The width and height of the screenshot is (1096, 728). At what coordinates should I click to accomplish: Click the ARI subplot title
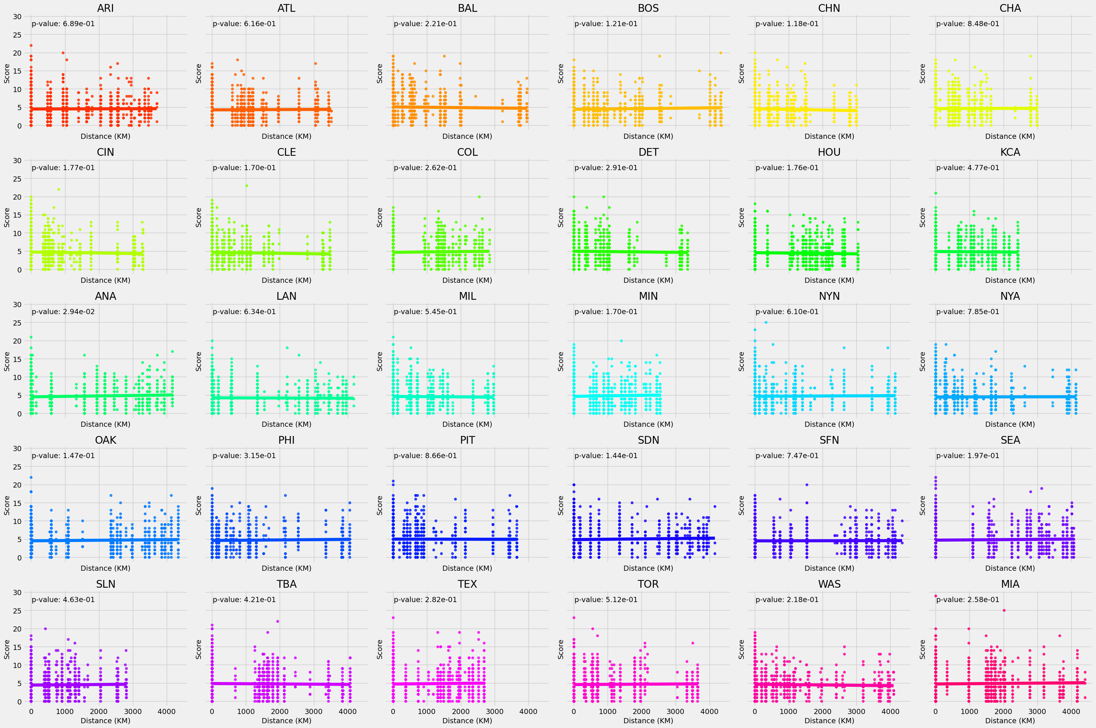tap(105, 8)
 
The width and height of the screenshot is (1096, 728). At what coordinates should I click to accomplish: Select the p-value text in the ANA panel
tap(63, 312)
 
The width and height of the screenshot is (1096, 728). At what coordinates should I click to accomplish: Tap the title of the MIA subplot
tap(1010, 584)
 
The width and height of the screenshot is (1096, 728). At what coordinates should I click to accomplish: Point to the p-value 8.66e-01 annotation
tap(425, 456)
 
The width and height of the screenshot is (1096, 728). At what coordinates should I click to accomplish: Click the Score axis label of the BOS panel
tap(561, 73)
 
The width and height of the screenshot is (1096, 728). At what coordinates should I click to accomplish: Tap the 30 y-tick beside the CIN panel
tap(17, 161)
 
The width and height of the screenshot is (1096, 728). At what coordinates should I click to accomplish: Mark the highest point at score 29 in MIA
tap(936, 596)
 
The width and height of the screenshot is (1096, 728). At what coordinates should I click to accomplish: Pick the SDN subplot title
tap(648, 440)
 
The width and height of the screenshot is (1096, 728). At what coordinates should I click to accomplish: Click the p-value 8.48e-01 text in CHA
tap(968, 24)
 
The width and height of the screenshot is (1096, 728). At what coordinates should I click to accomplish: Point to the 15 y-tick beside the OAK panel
tap(17, 503)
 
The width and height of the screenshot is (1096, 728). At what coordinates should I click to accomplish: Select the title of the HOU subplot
tap(829, 152)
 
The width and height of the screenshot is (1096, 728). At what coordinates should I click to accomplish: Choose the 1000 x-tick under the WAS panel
tap(788, 711)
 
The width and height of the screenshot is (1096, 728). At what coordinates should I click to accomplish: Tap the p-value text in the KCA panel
tap(968, 168)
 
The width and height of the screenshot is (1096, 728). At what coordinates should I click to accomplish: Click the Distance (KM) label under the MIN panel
tap(648, 424)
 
